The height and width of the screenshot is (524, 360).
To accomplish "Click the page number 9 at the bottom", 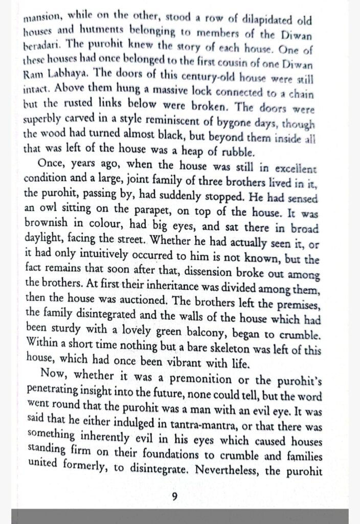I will [x=174, y=497].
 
